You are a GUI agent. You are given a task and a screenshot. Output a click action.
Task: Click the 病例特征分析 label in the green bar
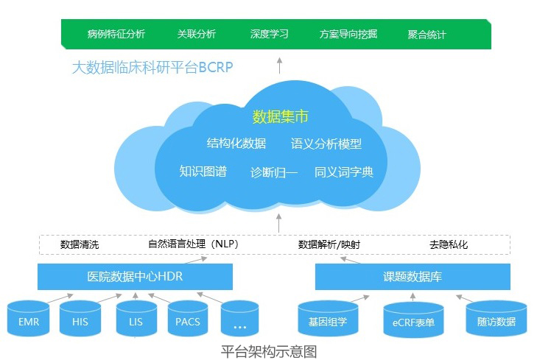point(116,34)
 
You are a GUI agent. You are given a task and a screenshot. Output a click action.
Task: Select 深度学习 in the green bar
point(269,34)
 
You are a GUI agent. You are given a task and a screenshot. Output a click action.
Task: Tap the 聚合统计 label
point(427,34)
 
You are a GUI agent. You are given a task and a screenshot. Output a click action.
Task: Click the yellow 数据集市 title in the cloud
point(280,116)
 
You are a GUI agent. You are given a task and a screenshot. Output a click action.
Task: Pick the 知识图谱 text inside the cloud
point(203,172)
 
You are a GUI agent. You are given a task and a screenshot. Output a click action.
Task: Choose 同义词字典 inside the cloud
point(344,172)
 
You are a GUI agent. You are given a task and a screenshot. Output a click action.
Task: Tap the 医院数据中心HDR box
point(135,277)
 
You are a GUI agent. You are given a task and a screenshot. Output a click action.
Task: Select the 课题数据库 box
point(413,277)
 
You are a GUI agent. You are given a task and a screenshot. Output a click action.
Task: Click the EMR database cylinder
point(29,321)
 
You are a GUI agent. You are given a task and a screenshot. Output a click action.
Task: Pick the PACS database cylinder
point(188,321)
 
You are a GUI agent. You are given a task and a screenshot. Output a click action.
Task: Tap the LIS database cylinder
point(135,321)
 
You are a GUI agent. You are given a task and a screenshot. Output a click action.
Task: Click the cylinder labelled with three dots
point(239,321)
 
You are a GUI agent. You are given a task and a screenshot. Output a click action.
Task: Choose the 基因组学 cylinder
point(327,321)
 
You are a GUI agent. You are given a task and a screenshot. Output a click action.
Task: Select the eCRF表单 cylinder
point(413,322)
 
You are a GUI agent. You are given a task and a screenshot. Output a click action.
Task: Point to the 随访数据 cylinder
point(496,321)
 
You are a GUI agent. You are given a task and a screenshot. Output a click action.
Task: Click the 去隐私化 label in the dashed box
point(449,244)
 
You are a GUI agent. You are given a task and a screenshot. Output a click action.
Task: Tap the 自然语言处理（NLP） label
point(194,244)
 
